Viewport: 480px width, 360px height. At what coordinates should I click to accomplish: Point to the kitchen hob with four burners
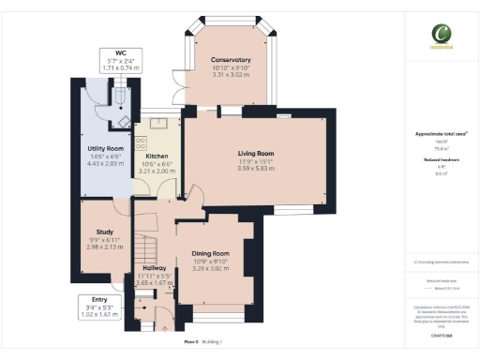tap(142, 145)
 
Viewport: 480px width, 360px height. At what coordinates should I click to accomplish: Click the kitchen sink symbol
tap(155, 123)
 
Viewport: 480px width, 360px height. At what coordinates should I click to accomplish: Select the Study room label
tap(105, 232)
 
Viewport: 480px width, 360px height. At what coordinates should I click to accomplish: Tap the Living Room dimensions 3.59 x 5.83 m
tap(254, 168)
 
